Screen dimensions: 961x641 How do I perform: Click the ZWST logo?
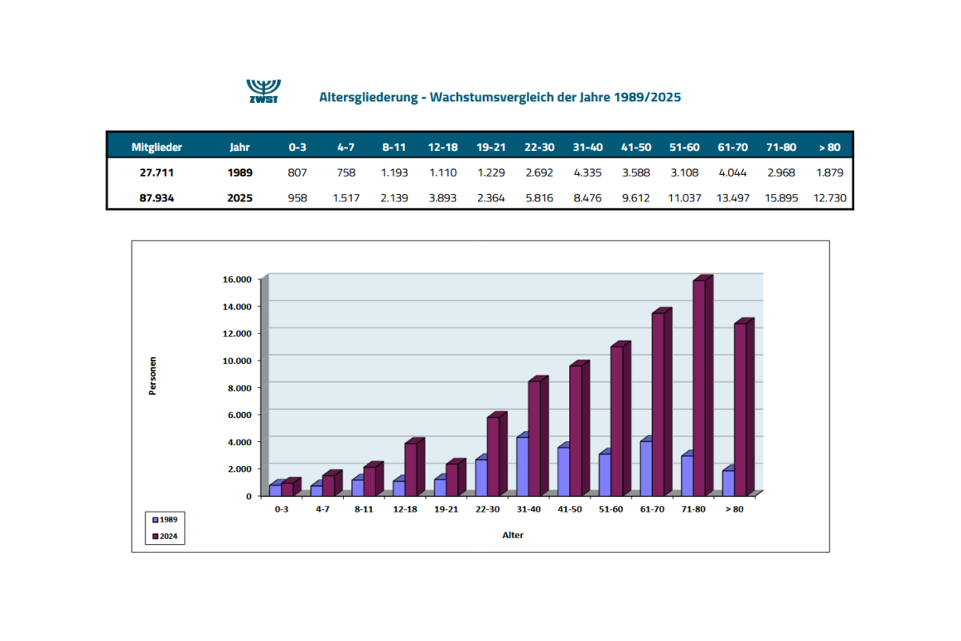(x=263, y=91)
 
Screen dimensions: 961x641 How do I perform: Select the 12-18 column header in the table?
(x=442, y=148)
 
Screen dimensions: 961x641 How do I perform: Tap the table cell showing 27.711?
(x=157, y=172)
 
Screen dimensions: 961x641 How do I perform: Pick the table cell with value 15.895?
(x=780, y=198)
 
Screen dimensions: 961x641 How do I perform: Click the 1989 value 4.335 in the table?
(x=587, y=172)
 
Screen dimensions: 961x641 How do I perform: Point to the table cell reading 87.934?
(x=157, y=198)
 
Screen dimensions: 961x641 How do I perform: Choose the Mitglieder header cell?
(x=157, y=148)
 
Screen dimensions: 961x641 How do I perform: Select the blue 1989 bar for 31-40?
(x=523, y=465)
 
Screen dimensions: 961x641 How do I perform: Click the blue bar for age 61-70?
(x=646, y=467)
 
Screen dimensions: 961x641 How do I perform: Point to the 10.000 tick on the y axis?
(x=237, y=361)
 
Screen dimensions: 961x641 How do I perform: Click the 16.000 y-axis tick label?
(x=237, y=279)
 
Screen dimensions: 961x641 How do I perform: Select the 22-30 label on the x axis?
(x=487, y=509)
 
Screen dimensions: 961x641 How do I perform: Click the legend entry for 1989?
(x=165, y=520)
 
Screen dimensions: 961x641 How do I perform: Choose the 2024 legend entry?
(x=165, y=537)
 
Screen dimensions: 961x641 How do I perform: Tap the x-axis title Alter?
(x=513, y=535)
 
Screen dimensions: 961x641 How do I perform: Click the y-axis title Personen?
(x=152, y=376)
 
